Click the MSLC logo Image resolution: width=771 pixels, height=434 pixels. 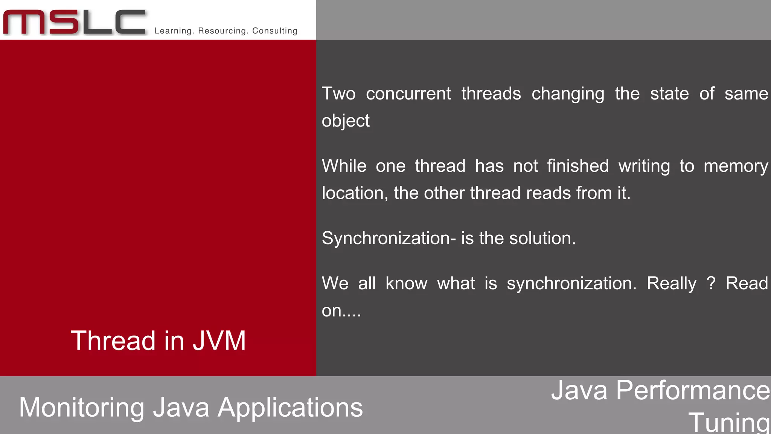[74, 22]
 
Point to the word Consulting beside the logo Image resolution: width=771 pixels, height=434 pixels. [275, 31]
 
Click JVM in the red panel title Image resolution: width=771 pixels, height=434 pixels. [219, 341]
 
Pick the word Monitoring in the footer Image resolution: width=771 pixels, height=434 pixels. [81, 408]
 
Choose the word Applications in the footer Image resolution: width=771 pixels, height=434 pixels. [290, 408]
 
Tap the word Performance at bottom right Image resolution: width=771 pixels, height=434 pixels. [693, 390]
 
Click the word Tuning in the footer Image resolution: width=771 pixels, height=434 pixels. [729, 423]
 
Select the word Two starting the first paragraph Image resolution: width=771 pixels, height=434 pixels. [338, 93]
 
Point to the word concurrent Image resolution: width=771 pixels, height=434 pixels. [408, 93]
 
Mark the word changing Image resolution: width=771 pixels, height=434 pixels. [568, 94]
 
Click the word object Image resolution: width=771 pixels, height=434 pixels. [346, 121]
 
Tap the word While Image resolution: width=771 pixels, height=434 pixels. [344, 166]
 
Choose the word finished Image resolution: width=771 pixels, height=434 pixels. [578, 166]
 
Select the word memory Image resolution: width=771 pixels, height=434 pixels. [736, 167]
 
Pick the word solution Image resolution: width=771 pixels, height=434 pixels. [542, 238]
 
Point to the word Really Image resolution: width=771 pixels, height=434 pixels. [671, 284]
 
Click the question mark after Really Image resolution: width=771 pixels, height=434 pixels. [711, 283]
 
